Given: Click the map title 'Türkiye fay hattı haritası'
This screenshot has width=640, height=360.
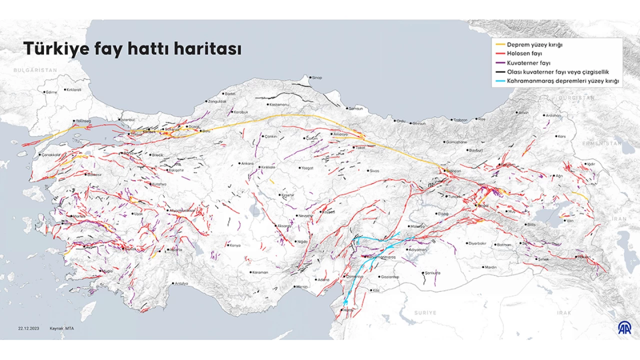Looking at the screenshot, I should tap(132, 49).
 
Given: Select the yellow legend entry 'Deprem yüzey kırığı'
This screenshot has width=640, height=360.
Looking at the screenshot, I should tap(535, 44).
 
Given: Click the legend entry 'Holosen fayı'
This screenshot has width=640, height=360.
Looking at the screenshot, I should tap(524, 53).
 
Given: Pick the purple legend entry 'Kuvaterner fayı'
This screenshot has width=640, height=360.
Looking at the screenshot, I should tap(528, 63).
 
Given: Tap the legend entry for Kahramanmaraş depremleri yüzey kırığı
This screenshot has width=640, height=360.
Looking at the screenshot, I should tap(563, 81).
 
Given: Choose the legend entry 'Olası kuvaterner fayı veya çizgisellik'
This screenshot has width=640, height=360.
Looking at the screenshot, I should tap(557, 72).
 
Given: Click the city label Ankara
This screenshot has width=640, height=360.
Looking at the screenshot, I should tap(247, 163).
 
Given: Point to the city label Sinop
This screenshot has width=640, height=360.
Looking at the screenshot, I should tap(316, 77).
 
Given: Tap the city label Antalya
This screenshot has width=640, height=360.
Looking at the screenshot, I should tap(180, 283).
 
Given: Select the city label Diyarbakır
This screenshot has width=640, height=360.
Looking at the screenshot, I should tap(477, 243).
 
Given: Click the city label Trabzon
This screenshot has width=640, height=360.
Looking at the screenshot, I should tap(460, 120).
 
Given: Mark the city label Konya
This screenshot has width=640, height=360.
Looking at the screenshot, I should tap(235, 245).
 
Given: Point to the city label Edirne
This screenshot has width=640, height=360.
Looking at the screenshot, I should tap(51, 92).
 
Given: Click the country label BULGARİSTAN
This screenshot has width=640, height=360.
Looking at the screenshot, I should tap(35, 70).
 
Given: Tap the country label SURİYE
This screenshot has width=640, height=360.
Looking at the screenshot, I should tap(425, 312).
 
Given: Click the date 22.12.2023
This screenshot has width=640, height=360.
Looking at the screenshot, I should tap(28, 328).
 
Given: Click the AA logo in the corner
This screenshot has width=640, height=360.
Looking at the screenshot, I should tap(624, 327).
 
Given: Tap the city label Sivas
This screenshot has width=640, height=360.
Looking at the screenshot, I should tap(374, 171).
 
